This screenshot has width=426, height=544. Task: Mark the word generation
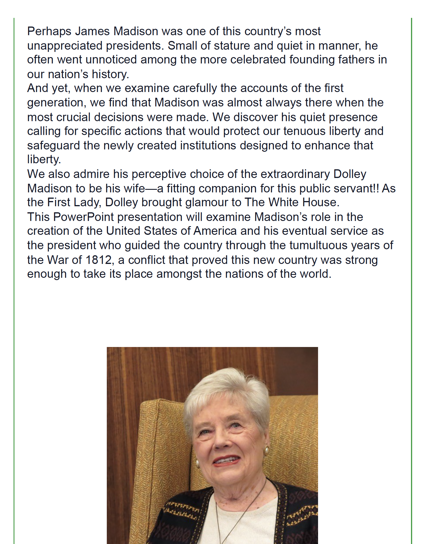[57, 103]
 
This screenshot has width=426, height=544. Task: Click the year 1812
[98, 260]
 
